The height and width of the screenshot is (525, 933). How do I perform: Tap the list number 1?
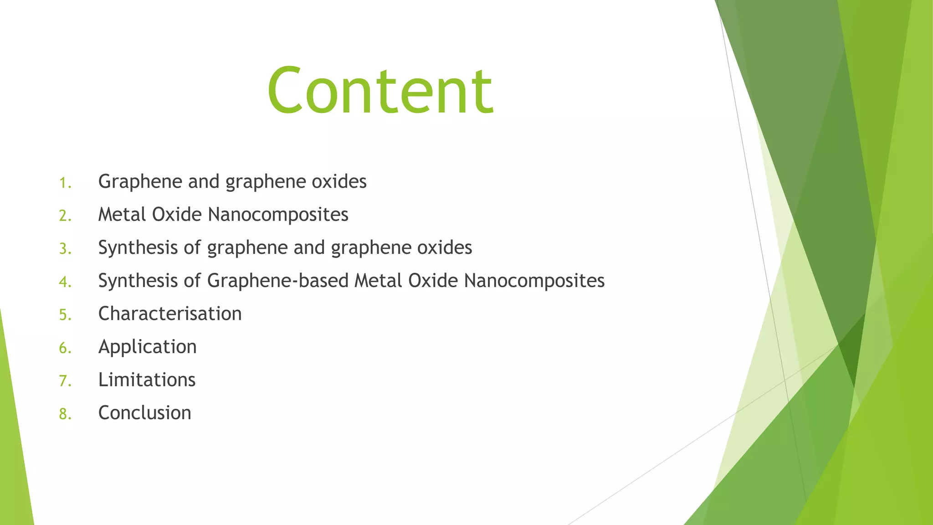pos(65,183)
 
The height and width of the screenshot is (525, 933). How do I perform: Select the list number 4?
pos(65,282)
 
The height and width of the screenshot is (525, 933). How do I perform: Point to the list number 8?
pos(65,414)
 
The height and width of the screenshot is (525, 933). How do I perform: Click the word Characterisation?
pos(170,314)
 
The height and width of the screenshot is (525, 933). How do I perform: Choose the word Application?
pos(148,347)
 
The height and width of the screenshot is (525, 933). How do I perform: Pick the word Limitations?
pos(147,380)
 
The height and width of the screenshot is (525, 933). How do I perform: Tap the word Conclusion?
pos(145,413)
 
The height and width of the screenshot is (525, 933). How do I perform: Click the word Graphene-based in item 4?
pos(278,281)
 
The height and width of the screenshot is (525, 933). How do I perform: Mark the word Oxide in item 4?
pos(433,281)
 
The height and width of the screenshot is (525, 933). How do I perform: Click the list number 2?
pos(65,216)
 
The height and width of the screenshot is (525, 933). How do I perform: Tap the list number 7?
pos(65,381)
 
